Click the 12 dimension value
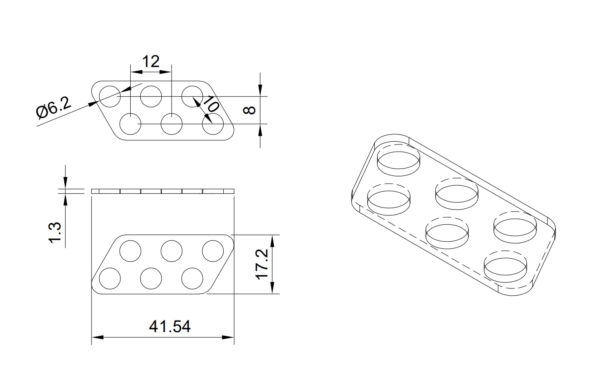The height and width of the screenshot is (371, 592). [151, 62]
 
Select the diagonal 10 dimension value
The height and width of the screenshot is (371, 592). [211, 104]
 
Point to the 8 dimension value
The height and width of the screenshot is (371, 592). [249, 110]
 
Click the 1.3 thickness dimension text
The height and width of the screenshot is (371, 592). [55, 232]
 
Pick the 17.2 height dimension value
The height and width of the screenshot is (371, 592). [262, 264]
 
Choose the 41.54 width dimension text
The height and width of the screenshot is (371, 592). [170, 327]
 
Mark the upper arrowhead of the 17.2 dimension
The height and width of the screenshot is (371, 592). [273, 240]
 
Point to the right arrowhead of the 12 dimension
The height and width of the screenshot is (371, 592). [166, 72]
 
